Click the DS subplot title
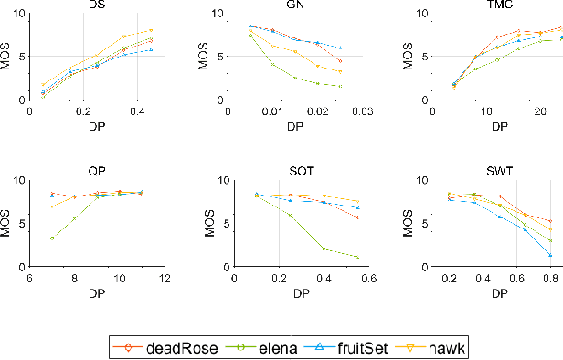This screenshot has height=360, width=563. click(96, 5)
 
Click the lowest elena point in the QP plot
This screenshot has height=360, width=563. click(52, 238)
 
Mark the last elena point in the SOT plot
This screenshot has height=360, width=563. click(357, 258)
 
